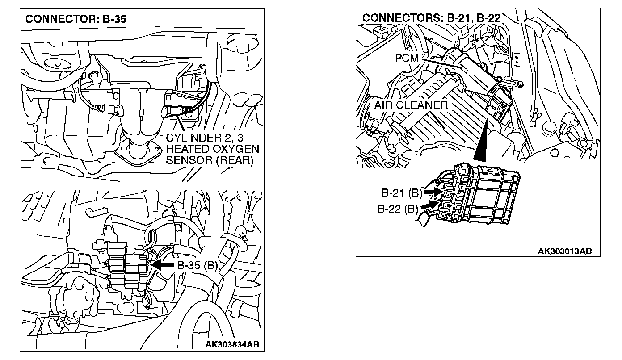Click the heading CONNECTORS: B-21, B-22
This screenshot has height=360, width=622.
click(431, 18)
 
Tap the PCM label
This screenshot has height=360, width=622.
click(406, 58)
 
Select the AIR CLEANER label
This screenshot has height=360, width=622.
click(411, 105)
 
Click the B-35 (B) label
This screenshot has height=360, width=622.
click(198, 265)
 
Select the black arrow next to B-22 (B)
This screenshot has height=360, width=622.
click(428, 205)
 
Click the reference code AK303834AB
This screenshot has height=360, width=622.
click(232, 344)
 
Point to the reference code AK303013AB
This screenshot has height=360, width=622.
click(565, 251)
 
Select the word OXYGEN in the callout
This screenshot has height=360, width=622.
click(235, 148)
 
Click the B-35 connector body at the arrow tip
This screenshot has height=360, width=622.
click(136, 264)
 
